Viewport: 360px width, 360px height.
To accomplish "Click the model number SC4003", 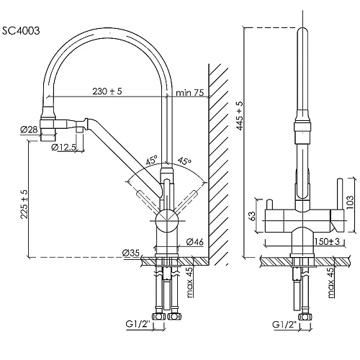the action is click(21, 31).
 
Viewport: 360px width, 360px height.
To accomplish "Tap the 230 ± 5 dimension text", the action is click(107, 91).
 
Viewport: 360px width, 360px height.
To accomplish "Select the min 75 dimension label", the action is click(190, 92).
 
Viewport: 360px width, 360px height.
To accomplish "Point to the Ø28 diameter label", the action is click(29, 130).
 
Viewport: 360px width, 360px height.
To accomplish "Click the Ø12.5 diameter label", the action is click(63, 147).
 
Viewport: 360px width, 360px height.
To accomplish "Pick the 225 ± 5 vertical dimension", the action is click(24, 204).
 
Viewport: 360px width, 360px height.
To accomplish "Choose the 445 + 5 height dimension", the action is click(240, 116).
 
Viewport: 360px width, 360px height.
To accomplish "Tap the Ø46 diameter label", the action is click(194, 242).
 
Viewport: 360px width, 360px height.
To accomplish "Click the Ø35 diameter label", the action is click(130, 253).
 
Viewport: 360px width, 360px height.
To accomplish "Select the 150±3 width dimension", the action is click(328, 241).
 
